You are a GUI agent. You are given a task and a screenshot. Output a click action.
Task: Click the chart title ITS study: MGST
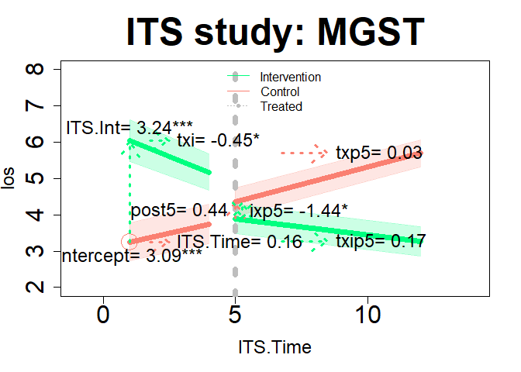coord(275,32)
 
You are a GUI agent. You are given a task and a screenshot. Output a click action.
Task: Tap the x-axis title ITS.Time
coord(274,347)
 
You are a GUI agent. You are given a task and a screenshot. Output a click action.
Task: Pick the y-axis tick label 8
coord(35,70)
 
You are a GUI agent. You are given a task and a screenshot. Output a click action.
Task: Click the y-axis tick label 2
coord(35,288)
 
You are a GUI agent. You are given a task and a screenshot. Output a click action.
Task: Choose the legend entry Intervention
coord(290,77)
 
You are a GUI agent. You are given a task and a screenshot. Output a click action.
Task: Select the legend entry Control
coord(280,91)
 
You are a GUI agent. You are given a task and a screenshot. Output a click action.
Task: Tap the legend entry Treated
coord(281,106)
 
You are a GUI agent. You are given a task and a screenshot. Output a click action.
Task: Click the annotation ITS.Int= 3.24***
coord(129,127)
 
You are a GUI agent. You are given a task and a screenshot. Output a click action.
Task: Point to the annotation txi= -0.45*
coord(219,140)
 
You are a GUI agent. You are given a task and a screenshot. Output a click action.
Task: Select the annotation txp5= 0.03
coord(379,153)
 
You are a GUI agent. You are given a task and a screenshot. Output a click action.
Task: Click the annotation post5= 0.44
coord(178,209)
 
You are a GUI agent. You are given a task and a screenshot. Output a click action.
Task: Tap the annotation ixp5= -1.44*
coord(298,209)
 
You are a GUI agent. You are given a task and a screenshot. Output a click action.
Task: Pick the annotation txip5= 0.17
coord(381,241)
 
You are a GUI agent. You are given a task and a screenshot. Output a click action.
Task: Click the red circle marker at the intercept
coord(129,242)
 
